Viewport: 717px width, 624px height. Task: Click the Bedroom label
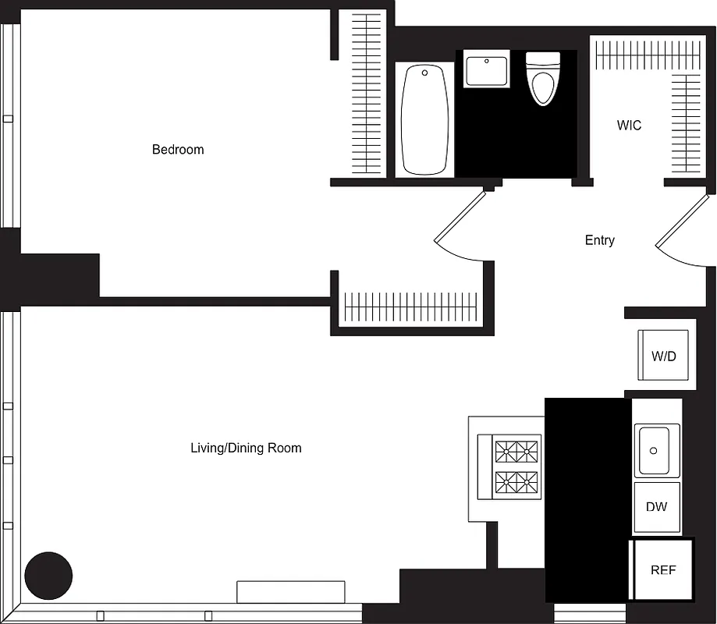[178, 150]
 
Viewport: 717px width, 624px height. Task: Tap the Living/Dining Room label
[246, 448]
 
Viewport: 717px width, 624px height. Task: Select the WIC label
[629, 126]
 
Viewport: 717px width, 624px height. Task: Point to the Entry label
[599, 240]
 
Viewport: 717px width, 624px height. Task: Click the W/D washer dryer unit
[663, 356]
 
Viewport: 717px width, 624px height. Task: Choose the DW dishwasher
[656, 507]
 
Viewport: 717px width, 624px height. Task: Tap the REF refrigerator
[662, 570]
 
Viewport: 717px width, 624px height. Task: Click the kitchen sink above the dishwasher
[656, 451]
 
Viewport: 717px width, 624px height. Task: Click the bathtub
[425, 119]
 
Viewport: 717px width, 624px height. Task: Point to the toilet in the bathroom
[543, 78]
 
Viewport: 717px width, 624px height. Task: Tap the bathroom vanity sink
[487, 69]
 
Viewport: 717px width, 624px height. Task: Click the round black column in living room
[48, 576]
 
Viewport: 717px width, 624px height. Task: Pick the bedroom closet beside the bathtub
[364, 94]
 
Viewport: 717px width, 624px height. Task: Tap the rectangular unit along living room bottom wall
[290, 591]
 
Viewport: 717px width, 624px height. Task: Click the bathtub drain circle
[425, 73]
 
